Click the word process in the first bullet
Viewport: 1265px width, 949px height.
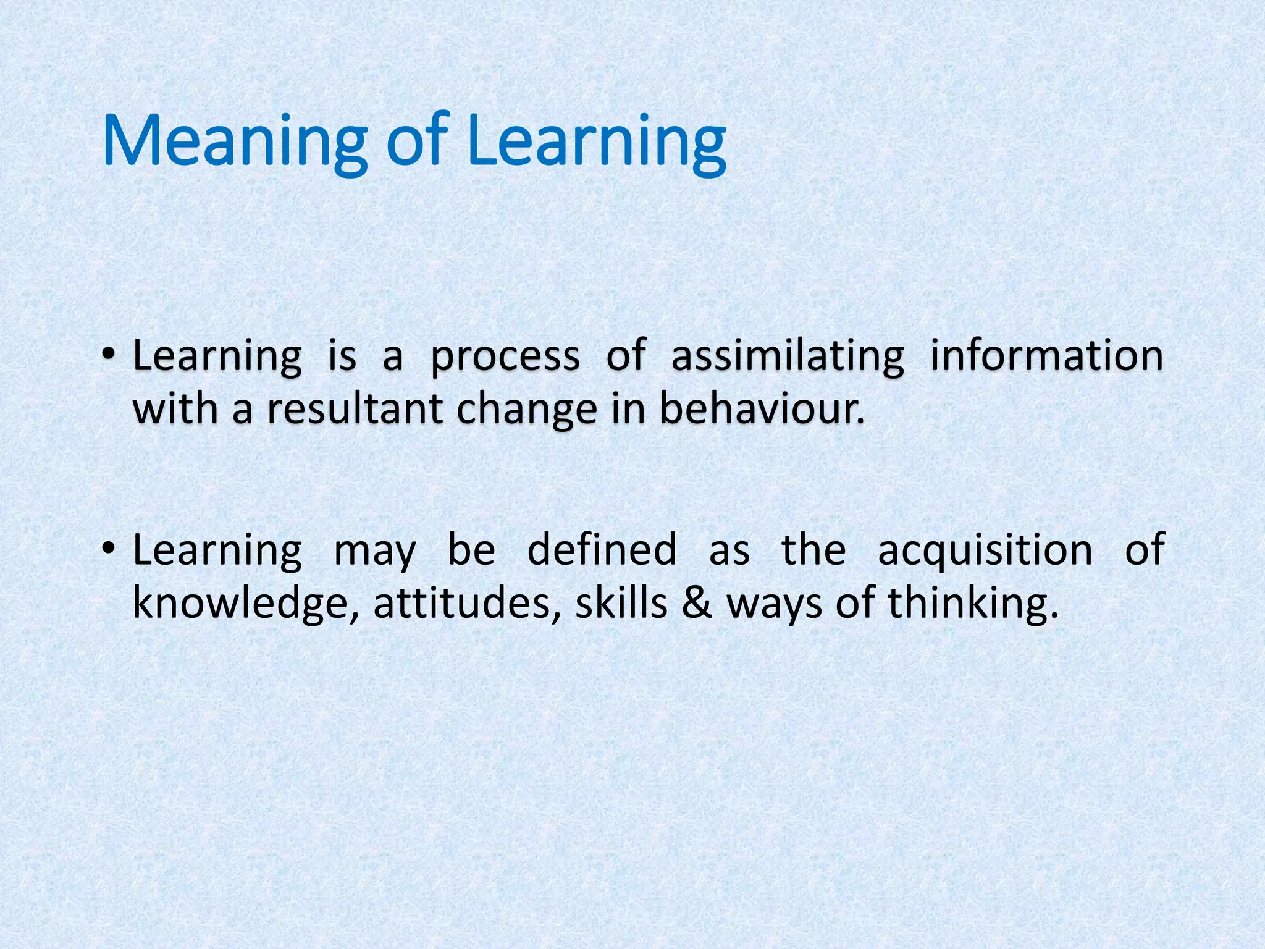(505, 357)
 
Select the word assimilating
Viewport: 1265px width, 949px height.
(788, 357)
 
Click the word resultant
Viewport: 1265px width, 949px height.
(355, 409)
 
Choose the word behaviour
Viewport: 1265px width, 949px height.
(761, 409)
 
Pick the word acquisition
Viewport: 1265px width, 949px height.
(985, 550)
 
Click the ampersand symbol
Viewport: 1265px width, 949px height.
(697, 603)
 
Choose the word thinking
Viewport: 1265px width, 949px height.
(973, 603)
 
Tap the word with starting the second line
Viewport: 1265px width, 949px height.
(176, 409)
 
